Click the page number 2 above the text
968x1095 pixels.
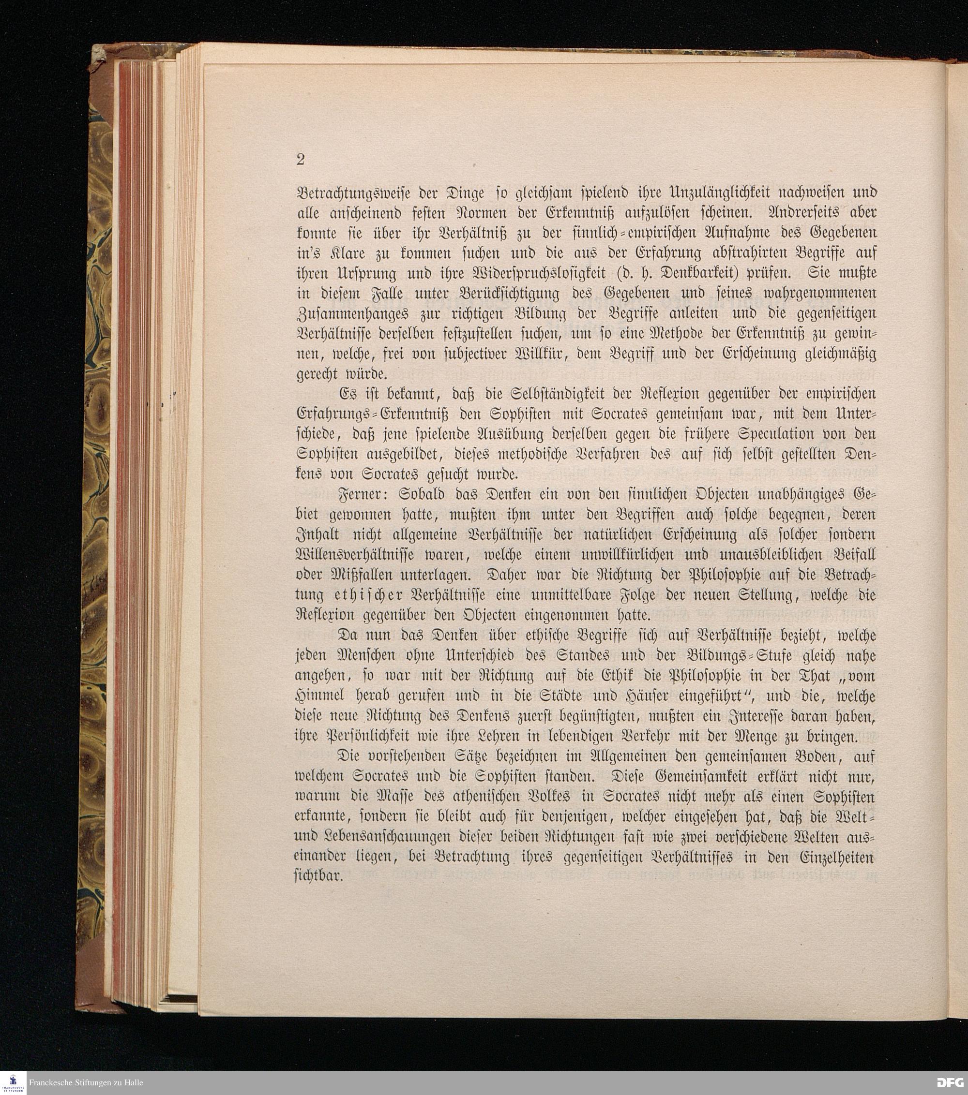coord(300,160)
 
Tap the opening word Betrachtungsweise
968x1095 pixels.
coord(345,193)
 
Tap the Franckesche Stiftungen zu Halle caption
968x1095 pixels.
coord(86,1083)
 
